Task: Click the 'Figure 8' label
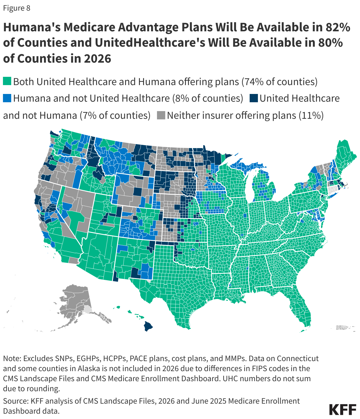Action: [17, 8]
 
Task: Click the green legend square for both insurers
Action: [7, 81]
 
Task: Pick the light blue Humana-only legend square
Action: [7, 98]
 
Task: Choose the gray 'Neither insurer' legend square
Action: [161, 115]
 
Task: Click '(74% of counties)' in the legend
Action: [279, 82]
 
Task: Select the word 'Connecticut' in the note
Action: [298, 358]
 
